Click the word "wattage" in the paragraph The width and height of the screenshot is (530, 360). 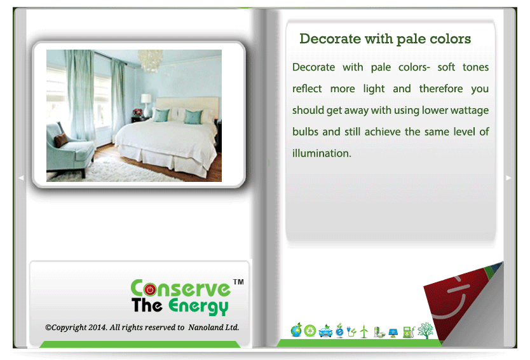469,111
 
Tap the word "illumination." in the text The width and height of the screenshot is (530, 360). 322,153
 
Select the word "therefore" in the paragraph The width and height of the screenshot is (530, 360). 441,88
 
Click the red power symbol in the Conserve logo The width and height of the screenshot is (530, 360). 150,289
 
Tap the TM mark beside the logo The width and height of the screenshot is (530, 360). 238,282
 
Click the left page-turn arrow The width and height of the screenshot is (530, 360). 21,177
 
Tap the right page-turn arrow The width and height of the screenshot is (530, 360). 508,177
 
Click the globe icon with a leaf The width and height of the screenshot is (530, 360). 296,330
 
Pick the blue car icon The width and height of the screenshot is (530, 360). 325,331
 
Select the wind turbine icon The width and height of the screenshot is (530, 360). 364,331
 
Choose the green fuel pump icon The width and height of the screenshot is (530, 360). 409,331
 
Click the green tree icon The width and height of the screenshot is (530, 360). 426,330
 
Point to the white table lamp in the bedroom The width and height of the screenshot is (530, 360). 146,105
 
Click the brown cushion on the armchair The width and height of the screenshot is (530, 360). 61,140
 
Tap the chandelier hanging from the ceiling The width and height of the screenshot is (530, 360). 150,60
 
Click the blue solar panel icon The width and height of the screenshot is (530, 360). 393,333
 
